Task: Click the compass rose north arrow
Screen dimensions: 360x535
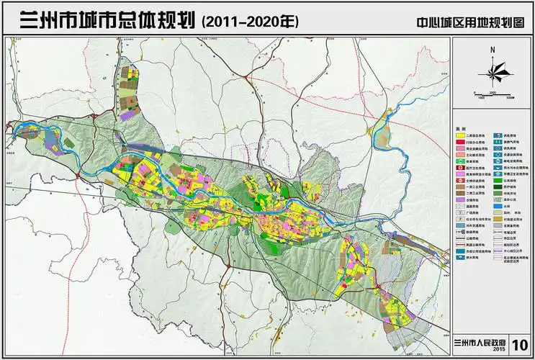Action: pos(493,71)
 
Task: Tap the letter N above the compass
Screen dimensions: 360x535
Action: pos(493,49)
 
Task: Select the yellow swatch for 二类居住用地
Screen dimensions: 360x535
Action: pos(459,135)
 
